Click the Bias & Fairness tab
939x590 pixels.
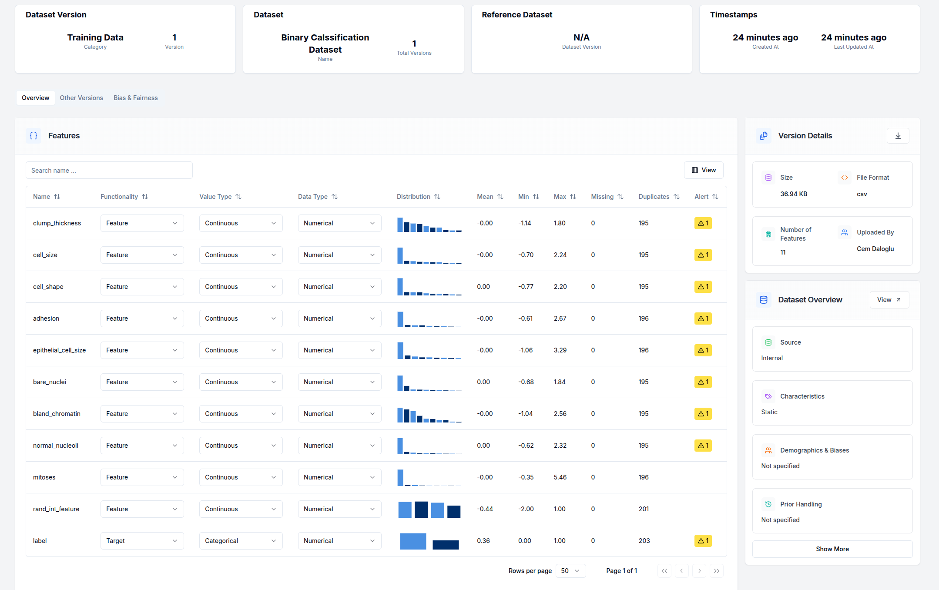(135, 98)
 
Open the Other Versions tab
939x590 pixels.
(81, 98)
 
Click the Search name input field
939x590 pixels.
(109, 171)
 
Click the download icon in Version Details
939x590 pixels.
(898, 136)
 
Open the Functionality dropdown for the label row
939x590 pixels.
(142, 541)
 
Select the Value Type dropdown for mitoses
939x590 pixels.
(241, 477)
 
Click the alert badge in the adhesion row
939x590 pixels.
(703, 318)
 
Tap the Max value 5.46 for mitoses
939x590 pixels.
(560, 477)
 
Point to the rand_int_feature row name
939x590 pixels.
(56, 509)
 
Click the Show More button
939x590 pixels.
(832, 549)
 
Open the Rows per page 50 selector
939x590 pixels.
(570, 571)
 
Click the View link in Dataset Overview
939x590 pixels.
(889, 300)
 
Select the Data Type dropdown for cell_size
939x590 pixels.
(339, 255)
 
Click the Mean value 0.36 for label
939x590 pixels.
(483, 541)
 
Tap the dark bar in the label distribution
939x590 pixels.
(446, 545)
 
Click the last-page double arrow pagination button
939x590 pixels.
(716, 571)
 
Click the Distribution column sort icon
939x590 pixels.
(437, 197)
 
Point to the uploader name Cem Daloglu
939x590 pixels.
(875, 249)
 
